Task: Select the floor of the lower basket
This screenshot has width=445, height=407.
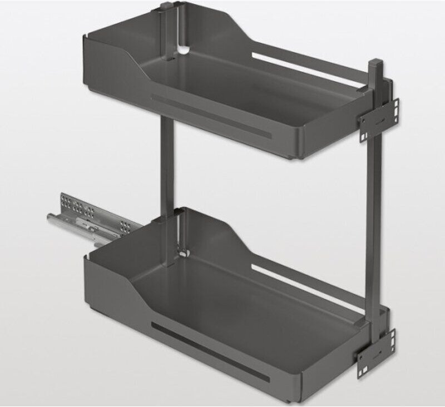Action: (x=239, y=311)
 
